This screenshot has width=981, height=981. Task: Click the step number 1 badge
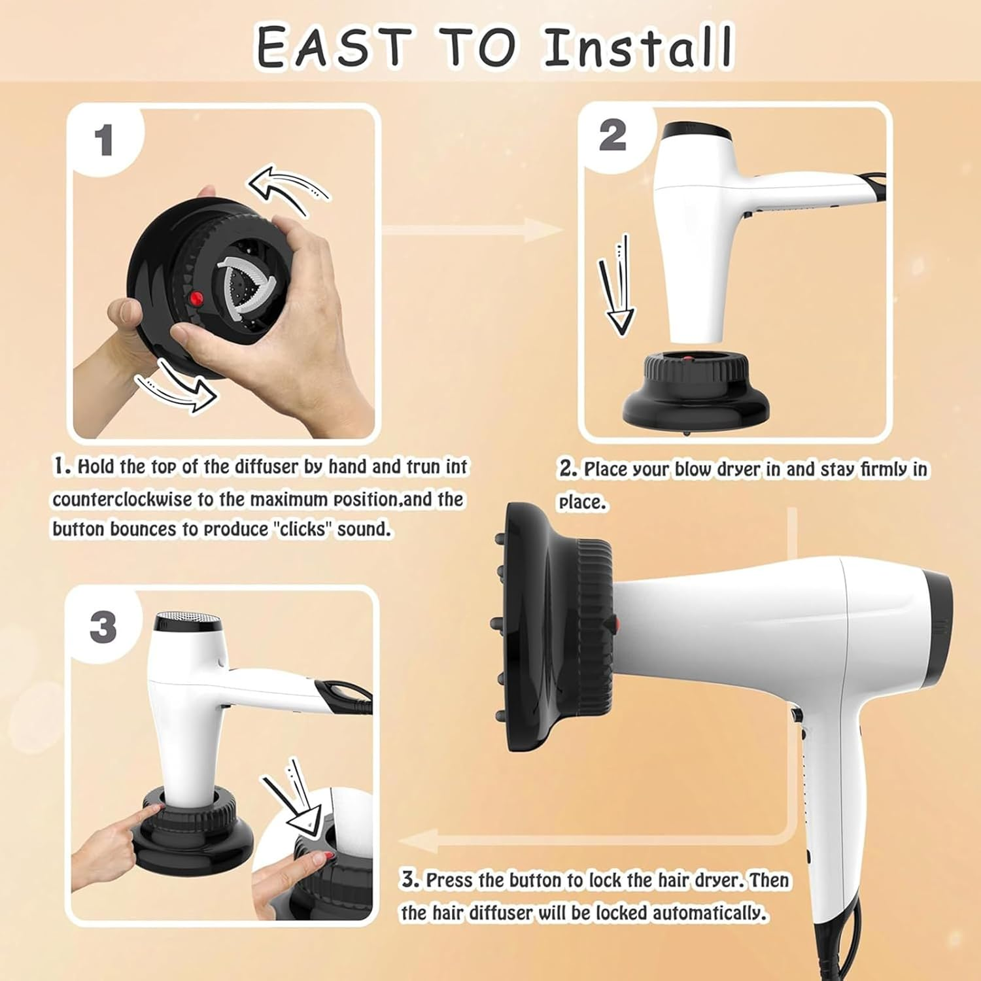(104, 141)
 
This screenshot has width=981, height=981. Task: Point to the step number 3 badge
(103, 627)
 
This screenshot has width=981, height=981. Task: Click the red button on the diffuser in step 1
(196, 298)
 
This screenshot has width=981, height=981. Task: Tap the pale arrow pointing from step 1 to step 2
(471, 230)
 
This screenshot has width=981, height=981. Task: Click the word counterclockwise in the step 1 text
(122, 500)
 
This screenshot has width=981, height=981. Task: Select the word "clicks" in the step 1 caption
(301, 528)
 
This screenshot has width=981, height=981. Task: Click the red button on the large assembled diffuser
(614, 625)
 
